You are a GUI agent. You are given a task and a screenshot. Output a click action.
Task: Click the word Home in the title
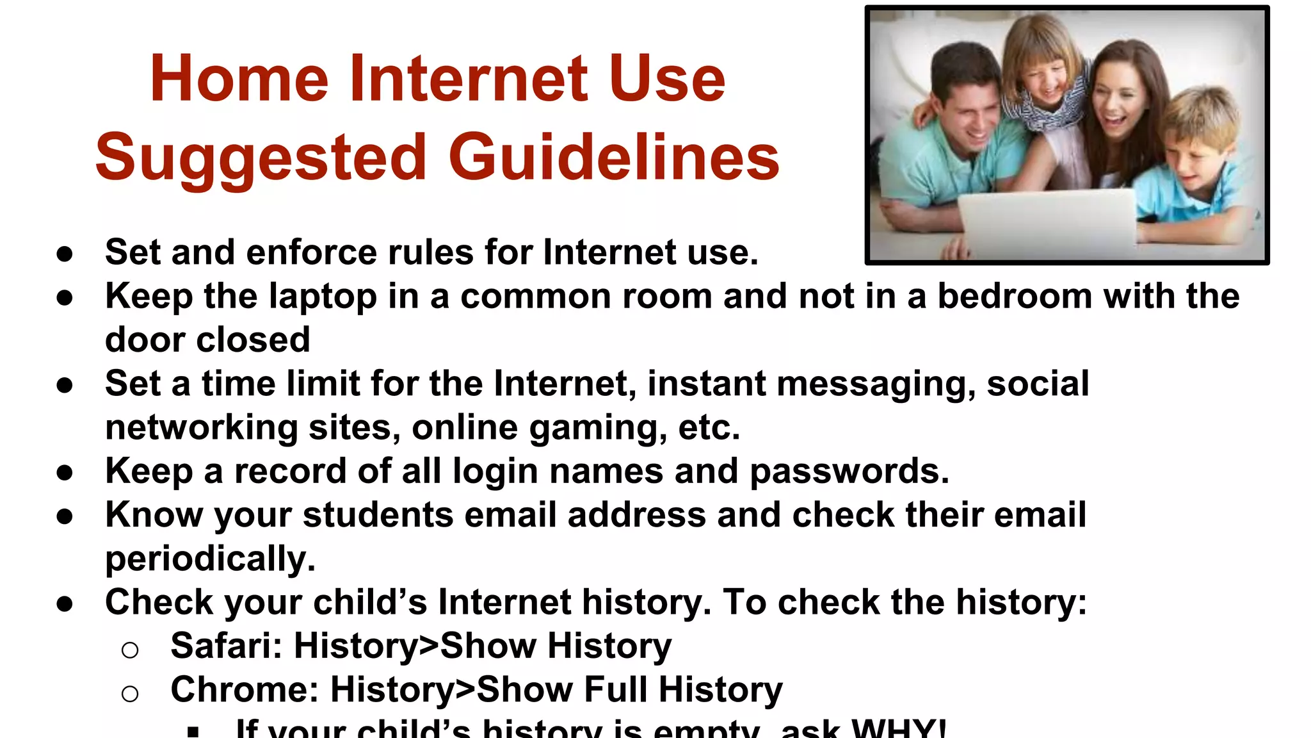pos(239,79)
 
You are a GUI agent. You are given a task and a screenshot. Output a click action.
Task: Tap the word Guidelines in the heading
pos(614,158)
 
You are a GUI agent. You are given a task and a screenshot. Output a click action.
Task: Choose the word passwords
pos(849,471)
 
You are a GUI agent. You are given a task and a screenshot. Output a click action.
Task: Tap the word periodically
pos(210,559)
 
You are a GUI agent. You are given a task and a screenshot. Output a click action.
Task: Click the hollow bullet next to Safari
pos(130,650)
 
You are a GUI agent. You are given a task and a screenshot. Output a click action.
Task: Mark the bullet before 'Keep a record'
pos(65,473)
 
